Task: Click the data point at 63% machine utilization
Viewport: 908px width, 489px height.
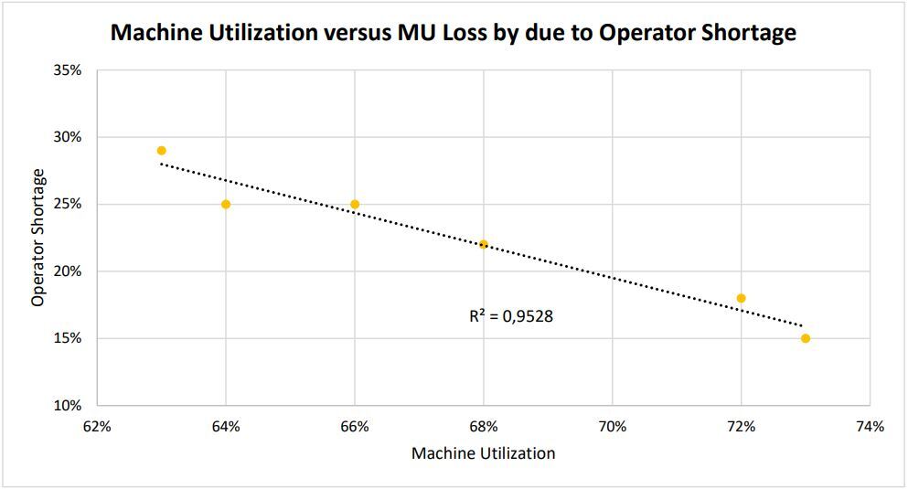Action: [162, 151]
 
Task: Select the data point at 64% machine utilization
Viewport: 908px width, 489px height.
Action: [226, 204]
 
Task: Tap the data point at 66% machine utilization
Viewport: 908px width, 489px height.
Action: [355, 204]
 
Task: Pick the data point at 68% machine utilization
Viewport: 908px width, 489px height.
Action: [484, 244]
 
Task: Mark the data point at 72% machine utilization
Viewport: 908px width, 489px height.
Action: [742, 298]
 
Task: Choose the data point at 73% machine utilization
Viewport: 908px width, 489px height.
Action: [806, 338]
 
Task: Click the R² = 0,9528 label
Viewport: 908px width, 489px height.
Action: [511, 317]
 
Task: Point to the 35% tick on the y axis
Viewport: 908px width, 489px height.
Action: [68, 70]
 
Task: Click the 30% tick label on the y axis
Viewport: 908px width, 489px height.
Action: [68, 137]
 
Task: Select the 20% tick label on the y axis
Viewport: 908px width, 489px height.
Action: [68, 271]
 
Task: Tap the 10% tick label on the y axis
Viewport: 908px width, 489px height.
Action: [68, 406]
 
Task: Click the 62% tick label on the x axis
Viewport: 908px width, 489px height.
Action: [97, 426]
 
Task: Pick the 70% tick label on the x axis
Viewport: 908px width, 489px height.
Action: [613, 426]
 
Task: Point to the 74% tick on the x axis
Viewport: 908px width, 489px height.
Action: [870, 426]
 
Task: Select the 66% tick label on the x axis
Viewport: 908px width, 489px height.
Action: [355, 426]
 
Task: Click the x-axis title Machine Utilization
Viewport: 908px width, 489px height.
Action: [483, 453]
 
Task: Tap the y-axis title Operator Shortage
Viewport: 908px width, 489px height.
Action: [38, 238]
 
